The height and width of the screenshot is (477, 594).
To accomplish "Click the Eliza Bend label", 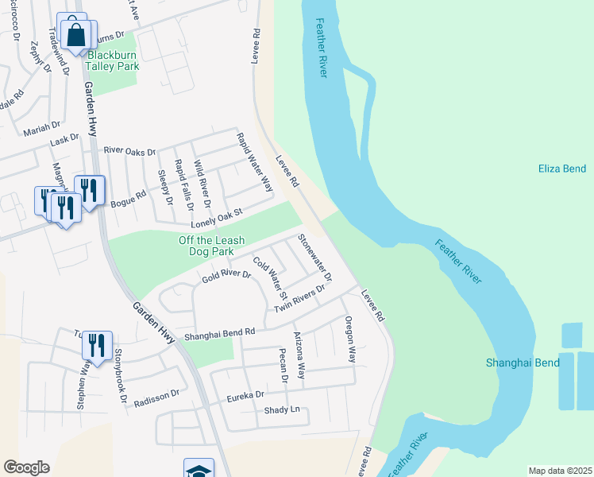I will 561,169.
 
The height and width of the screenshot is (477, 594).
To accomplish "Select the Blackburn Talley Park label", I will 113,60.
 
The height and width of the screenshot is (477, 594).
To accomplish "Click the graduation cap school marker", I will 199,470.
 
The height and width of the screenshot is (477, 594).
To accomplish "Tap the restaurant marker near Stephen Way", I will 96,346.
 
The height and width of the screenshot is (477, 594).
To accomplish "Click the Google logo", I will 26,467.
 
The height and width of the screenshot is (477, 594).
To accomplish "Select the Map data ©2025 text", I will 560,471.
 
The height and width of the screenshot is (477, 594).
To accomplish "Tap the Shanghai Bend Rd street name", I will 219,335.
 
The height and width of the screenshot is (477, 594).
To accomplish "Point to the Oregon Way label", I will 349,339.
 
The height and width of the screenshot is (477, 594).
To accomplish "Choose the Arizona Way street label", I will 299,355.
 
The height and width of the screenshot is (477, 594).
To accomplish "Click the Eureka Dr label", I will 245,395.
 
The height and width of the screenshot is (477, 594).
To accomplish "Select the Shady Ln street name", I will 282,409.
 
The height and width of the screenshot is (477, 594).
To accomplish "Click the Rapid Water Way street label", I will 254,162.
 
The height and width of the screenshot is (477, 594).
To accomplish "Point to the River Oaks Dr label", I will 129,150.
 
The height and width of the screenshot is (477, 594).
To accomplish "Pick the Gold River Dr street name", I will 226,277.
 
